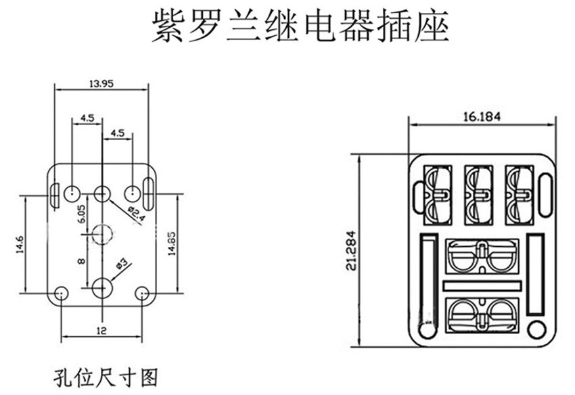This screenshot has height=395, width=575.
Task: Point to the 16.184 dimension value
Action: pos(482,116)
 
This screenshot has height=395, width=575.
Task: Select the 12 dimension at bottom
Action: pos(101,331)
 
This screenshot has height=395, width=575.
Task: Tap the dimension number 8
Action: pos(81,260)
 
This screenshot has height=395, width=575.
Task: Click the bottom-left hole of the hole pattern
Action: pos(61,294)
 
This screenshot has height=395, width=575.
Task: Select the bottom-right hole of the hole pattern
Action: pos(142,294)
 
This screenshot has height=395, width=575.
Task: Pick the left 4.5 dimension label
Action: pos(87,118)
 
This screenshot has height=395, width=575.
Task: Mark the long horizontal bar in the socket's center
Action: pos(483,286)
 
